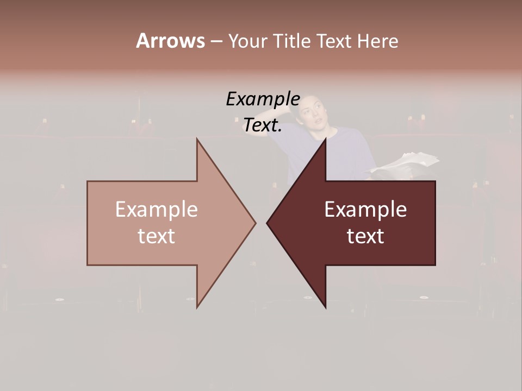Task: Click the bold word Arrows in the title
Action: click(170, 41)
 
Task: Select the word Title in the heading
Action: click(293, 41)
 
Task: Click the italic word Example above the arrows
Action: click(263, 99)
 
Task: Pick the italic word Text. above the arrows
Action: click(263, 125)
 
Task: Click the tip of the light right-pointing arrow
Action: click(255, 222)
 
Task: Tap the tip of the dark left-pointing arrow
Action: click(267, 222)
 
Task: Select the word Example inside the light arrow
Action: click(156, 210)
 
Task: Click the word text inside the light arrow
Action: click(156, 236)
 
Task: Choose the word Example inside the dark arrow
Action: click(365, 210)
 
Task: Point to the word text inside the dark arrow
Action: click(365, 236)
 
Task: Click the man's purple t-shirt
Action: click(348, 152)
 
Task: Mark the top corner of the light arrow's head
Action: click(197, 139)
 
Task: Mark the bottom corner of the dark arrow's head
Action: click(325, 307)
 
